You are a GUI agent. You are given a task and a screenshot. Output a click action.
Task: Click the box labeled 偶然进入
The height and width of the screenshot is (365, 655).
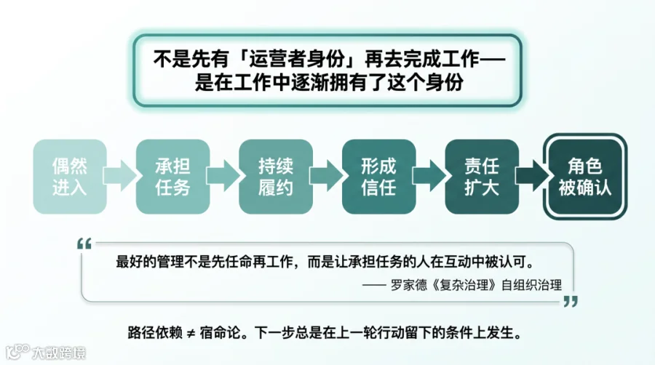point(70,177)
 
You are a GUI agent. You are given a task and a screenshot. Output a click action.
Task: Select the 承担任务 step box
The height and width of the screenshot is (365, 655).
point(172,177)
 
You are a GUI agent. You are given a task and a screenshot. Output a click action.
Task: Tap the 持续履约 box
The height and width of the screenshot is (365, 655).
point(276,177)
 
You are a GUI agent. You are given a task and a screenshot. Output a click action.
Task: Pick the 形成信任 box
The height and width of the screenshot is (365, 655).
point(379,177)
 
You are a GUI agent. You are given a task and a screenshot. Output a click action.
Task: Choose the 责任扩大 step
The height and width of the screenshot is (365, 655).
point(482,177)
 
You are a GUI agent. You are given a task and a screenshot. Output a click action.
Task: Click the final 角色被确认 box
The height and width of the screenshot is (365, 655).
point(585,177)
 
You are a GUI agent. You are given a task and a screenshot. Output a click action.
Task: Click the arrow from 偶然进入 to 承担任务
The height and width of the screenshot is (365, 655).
point(120,176)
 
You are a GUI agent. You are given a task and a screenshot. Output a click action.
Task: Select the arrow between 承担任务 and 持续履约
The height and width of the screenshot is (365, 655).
point(223,176)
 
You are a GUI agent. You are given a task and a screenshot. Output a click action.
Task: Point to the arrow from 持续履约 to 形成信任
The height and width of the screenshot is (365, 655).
point(326,176)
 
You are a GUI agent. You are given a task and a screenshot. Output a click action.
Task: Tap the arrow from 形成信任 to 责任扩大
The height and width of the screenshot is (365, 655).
point(429,176)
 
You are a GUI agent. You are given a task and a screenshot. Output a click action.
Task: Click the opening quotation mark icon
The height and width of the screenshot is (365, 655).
point(84,244)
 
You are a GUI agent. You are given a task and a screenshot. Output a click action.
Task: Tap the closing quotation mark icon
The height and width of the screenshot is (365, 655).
point(571,301)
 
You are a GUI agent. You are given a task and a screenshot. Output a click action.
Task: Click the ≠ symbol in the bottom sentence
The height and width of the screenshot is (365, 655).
point(191,333)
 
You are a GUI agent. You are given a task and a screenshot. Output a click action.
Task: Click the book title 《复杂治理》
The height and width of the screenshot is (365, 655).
point(464,285)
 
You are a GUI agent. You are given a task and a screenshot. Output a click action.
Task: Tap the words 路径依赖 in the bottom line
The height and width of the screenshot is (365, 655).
point(155,333)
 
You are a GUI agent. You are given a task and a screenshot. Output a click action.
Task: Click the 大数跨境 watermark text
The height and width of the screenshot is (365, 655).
point(59,353)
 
